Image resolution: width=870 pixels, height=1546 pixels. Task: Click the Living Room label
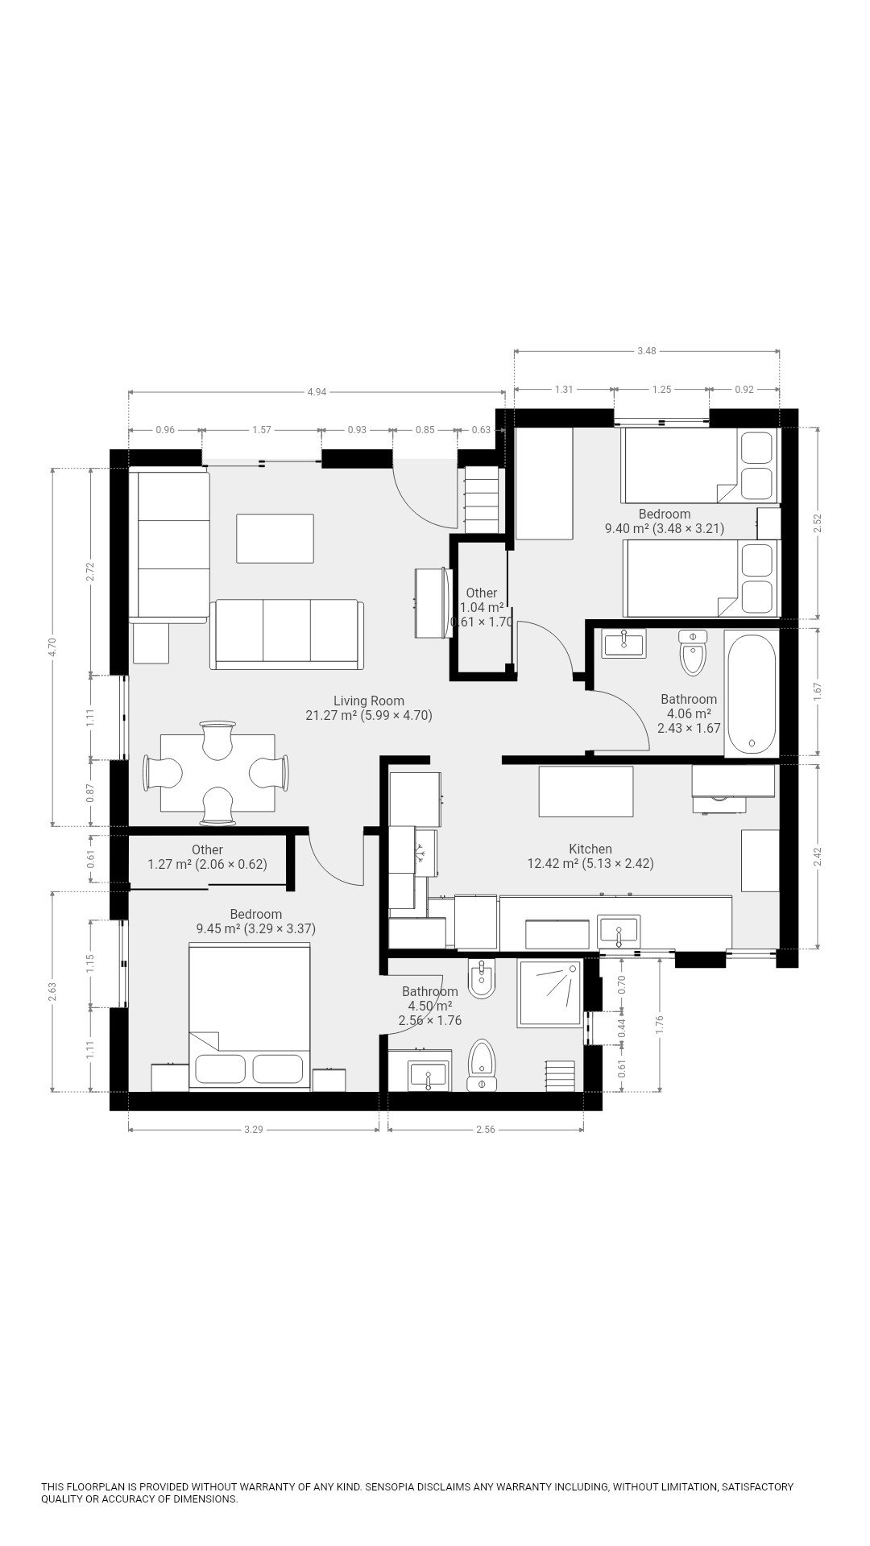pos(369,701)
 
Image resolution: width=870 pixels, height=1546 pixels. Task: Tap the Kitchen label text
pos(590,849)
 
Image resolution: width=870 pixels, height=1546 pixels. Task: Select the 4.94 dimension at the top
pos(317,392)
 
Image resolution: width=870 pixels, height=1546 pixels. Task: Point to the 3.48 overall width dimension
pos(646,350)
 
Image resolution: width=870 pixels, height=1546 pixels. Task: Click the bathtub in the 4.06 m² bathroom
pos(751,693)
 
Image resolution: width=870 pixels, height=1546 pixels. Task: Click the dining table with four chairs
pos(217,773)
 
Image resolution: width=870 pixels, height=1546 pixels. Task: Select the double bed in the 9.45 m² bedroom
pos(250,1018)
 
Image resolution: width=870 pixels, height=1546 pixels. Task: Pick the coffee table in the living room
pos(275,539)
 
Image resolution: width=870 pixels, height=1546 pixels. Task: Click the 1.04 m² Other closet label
pos(482,607)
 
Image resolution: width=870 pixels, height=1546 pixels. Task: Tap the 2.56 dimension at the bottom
pos(485,1130)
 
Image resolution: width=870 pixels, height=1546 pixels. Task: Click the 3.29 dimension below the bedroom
pos(253,1130)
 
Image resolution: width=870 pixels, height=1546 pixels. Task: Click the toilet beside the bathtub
pos(692,652)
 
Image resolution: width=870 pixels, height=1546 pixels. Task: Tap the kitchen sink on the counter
pos(618,931)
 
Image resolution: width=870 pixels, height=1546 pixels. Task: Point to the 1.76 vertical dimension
pos(660,1023)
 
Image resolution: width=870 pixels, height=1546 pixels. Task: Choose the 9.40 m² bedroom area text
pos(628,528)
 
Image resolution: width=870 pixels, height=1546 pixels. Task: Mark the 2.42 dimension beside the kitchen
pos(818,856)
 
